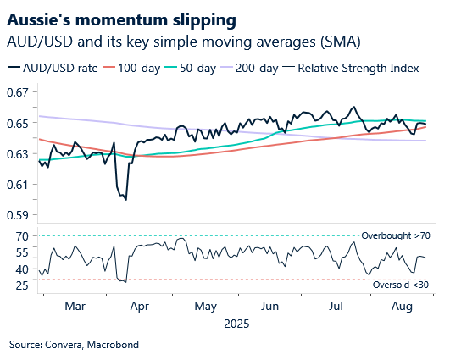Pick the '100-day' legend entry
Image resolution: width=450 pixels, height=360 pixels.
139,67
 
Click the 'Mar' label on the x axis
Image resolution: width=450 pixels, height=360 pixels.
76,305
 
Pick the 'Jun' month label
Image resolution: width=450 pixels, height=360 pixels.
270,305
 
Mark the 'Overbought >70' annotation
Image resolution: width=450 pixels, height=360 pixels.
396,235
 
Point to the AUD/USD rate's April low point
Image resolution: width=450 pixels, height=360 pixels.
125,199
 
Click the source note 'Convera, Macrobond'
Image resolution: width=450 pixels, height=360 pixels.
74,346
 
